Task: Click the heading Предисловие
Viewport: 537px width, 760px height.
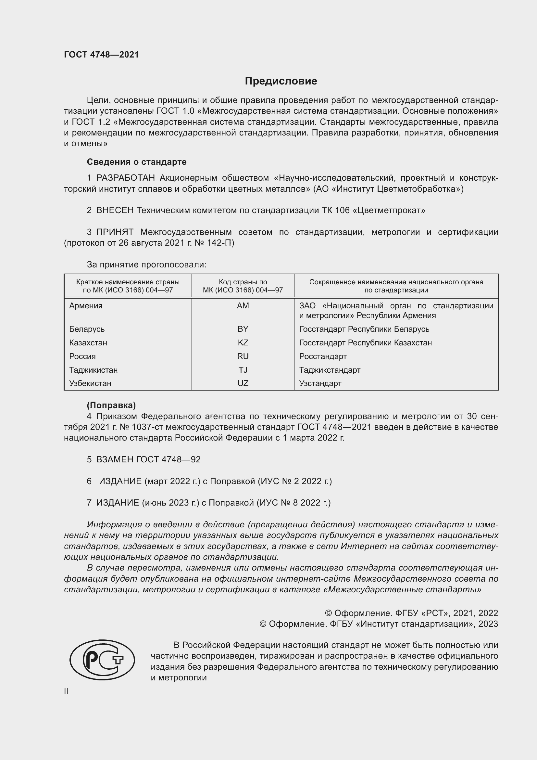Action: [281, 81]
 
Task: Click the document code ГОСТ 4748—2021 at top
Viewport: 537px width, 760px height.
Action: [101, 55]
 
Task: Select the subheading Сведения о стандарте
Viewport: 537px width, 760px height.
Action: [136, 162]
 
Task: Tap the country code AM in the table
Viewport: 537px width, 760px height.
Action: [243, 305]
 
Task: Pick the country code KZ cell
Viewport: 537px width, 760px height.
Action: [243, 342]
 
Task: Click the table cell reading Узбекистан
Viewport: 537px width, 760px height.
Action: [90, 383]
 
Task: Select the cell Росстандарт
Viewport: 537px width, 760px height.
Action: [323, 356]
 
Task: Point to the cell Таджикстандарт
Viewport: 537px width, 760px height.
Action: [329, 370]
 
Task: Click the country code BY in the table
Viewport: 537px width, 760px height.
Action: [243, 329]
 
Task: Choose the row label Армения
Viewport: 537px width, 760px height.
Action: [86, 305]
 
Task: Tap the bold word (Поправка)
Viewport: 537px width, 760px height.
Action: [111, 405]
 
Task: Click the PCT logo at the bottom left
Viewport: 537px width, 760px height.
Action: [102, 660]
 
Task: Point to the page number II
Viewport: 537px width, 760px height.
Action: [66, 691]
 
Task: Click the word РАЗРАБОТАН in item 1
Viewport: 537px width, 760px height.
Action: [125, 178]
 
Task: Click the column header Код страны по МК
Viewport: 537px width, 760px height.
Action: [243, 286]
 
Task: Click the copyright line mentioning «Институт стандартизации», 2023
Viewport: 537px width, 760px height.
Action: [378, 624]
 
